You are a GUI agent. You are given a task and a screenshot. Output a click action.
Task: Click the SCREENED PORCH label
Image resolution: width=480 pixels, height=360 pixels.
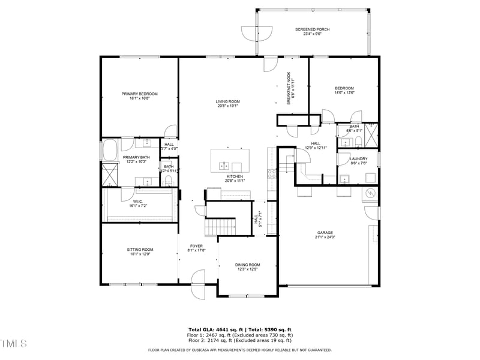pyautogui.click(x=312, y=29)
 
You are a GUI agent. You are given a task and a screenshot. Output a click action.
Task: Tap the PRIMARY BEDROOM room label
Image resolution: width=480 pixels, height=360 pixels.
pyautogui.click(x=139, y=94)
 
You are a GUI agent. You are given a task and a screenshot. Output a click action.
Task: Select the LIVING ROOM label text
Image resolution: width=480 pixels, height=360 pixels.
pyautogui.click(x=228, y=101)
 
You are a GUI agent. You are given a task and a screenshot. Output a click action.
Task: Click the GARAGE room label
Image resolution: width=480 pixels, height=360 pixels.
pyautogui.click(x=325, y=232)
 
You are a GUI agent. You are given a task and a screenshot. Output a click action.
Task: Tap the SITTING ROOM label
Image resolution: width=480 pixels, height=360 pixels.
pyautogui.click(x=139, y=249)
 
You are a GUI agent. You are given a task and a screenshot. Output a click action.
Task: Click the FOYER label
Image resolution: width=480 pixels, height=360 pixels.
pyautogui.click(x=196, y=246)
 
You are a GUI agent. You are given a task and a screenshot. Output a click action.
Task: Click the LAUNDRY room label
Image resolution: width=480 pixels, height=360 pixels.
pyautogui.click(x=358, y=158)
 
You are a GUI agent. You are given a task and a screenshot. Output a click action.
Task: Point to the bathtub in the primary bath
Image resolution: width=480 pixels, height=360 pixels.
pyautogui.click(x=110, y=150)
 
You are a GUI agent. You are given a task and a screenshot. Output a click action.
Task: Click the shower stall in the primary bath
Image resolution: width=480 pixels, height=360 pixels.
pyautogui.click(x=110, y=174)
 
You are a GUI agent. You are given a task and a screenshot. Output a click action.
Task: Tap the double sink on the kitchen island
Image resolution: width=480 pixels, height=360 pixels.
pyautogui.click(x=224, y=166)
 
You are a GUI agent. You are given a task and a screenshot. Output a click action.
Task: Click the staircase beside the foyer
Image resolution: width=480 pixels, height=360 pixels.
pyautogui.click(x=214, y=227)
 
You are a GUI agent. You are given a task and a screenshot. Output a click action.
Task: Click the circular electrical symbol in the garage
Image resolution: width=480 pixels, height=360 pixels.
pyautogui.click(x=370, y=193)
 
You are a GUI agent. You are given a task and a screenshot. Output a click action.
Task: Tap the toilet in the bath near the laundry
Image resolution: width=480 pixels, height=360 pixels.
pyautogui.click(x=358, y=142)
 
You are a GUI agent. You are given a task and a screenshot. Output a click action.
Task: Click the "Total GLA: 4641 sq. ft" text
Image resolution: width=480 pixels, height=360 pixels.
pyautogui.click(x=214, y=330)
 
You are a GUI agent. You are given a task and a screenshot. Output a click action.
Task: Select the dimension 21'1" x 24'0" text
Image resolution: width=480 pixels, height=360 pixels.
pyautogui.click(x=325, y=238)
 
